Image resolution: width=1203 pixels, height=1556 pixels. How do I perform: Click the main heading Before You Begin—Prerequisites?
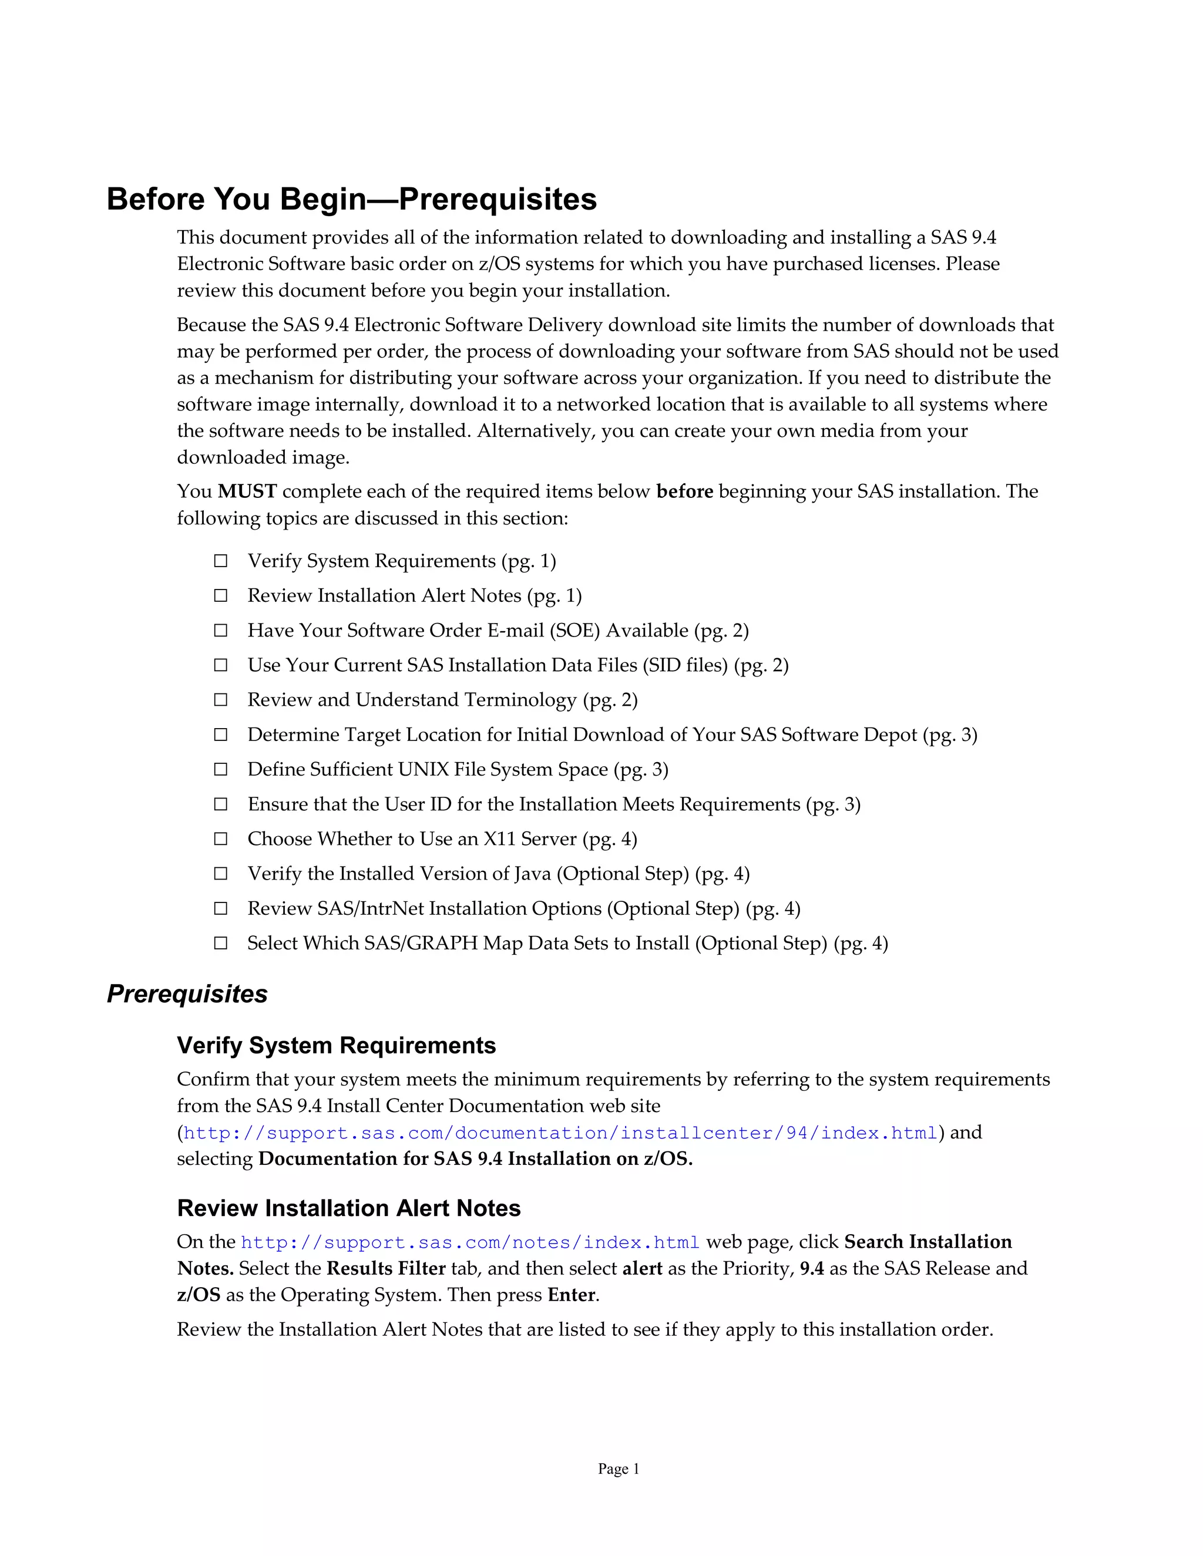coord(351,199)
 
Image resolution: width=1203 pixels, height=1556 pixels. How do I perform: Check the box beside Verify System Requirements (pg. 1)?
coord(221,561)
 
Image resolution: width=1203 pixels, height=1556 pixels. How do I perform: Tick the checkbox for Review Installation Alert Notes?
coord(221,595)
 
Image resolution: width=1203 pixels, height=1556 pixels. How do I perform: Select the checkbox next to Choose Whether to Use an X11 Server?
coord(221,838)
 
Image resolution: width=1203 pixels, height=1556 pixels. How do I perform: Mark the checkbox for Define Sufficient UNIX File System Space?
coord(221,769)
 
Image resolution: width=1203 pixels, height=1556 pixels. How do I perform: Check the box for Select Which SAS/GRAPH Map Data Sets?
coord(221,944)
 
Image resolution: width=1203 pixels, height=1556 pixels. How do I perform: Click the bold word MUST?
coord(247,491)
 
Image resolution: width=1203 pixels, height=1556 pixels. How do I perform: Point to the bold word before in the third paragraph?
coord(684,491)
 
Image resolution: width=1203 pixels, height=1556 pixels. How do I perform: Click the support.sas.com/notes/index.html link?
coord(471,1242)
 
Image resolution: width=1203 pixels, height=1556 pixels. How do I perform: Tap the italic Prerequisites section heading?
coord(187,994)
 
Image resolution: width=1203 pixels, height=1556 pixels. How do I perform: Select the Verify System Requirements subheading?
coord(337,1045)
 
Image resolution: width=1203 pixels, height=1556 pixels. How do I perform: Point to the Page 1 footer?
coord(618,1469)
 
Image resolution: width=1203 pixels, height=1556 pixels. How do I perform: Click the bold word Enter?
coord(571,1295)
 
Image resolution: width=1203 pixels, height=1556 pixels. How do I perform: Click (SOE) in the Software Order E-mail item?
coord(574,631)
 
